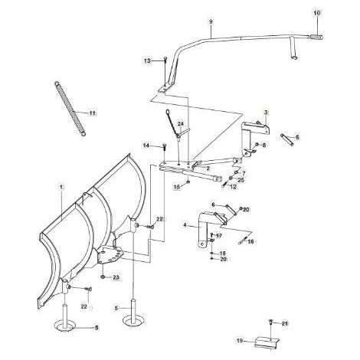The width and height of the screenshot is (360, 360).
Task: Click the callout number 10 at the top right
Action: tap(316, 13)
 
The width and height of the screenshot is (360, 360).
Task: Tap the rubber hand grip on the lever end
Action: tap(316, 38)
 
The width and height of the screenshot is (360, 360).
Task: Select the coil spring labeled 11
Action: tap(70, 109)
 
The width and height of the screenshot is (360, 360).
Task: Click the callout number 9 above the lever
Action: tap(211, 21)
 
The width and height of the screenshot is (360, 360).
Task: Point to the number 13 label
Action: tap(147, 61)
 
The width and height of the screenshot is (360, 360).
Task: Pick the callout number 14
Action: tap(146, 146)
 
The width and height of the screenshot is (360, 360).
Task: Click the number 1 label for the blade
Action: tap(61, 187)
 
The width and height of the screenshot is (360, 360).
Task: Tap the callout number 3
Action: tap(266, 113)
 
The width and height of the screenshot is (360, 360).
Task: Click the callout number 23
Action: tap(116, 277)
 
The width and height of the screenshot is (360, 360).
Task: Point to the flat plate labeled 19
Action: tap(267, 342)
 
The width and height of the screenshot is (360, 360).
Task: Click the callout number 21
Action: tap(285, 324)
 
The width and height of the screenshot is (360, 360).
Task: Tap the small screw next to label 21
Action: tap(270, 322)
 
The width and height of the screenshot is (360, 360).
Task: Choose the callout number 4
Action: tap(185, 225)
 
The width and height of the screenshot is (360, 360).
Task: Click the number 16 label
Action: tap(250, 241)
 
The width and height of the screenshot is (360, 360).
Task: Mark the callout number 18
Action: tap(223, 254)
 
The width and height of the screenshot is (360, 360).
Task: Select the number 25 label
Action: tap(241, 180)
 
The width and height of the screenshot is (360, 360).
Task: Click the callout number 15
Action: tap(177, 187)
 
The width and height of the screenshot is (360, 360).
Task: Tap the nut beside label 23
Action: tap(103, 277)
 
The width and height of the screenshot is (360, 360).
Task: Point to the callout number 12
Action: tap(233, 187)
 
